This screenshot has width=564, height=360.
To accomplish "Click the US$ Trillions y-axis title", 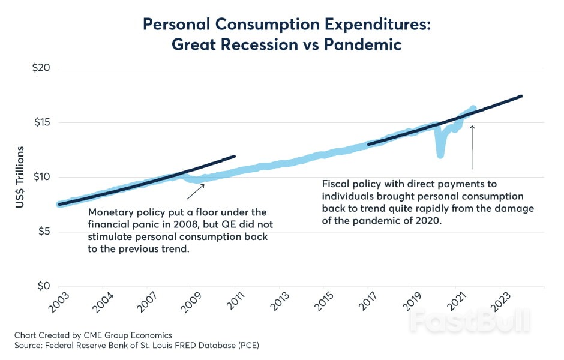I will coord(20,177).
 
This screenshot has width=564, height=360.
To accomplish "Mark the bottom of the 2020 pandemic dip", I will coord(440,155).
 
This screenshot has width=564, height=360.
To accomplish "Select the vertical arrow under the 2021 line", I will coord(472,147).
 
